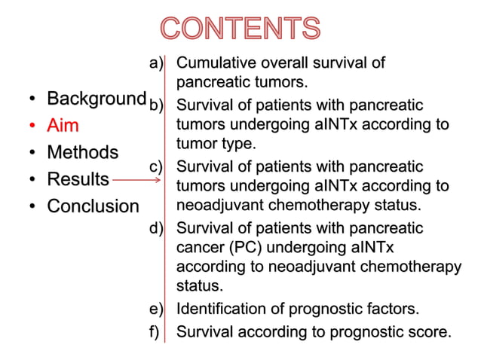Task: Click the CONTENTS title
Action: tap(240, 29)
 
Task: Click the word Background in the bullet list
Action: tap(96, 99)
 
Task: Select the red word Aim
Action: tap(63, 126)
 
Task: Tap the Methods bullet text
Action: tap(82, 152)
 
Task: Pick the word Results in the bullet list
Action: tap(78, 179)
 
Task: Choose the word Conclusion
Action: tap(93, 206)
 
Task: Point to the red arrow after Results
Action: tap(136, 180)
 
